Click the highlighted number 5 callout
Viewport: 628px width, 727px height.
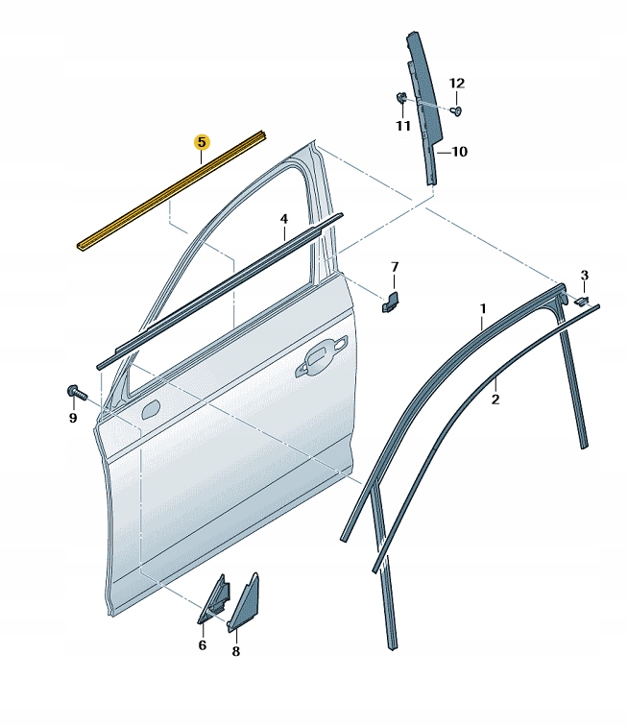coord(201,142)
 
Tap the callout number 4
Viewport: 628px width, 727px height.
coord(284,220)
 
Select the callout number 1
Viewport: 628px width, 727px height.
coord(483,309)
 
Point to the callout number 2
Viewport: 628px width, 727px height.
coord(495,399)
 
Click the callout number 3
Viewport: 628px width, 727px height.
coord(584,276)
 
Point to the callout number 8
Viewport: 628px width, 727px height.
coord(236,651)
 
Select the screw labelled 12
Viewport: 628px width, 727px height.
coord(455,111)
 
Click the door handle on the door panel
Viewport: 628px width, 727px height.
coord(323,356)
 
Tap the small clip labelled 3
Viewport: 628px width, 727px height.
coord(580,301)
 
